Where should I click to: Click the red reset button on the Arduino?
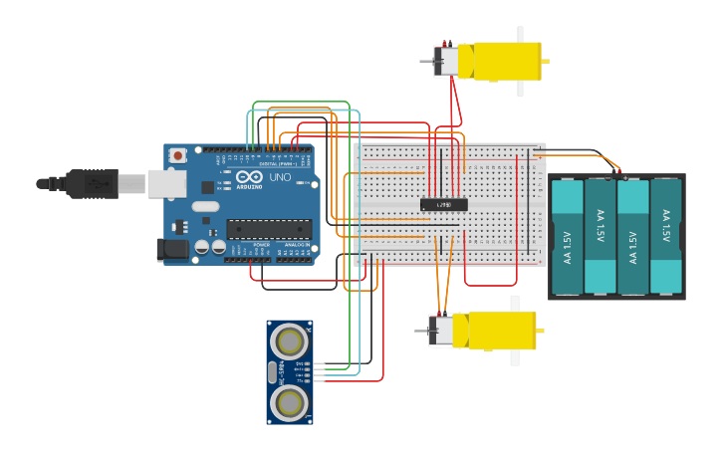(178, 155)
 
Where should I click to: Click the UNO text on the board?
(280, 178)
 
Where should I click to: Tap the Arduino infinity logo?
(249, 177)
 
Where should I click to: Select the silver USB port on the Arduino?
(167, 183)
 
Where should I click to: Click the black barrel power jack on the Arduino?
(172, 250)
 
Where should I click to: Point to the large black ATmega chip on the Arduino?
(268, 229)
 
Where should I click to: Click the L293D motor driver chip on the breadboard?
(444, 205)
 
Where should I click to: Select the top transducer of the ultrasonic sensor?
(290, 342)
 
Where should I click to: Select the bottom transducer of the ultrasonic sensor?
(290, 402)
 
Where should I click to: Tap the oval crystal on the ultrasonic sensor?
(273, 372)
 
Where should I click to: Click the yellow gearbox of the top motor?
(507, 61)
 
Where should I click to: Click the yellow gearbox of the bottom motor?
(495, 331)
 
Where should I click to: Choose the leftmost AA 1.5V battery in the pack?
(567, 237)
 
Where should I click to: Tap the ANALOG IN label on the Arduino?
(297, 245)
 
